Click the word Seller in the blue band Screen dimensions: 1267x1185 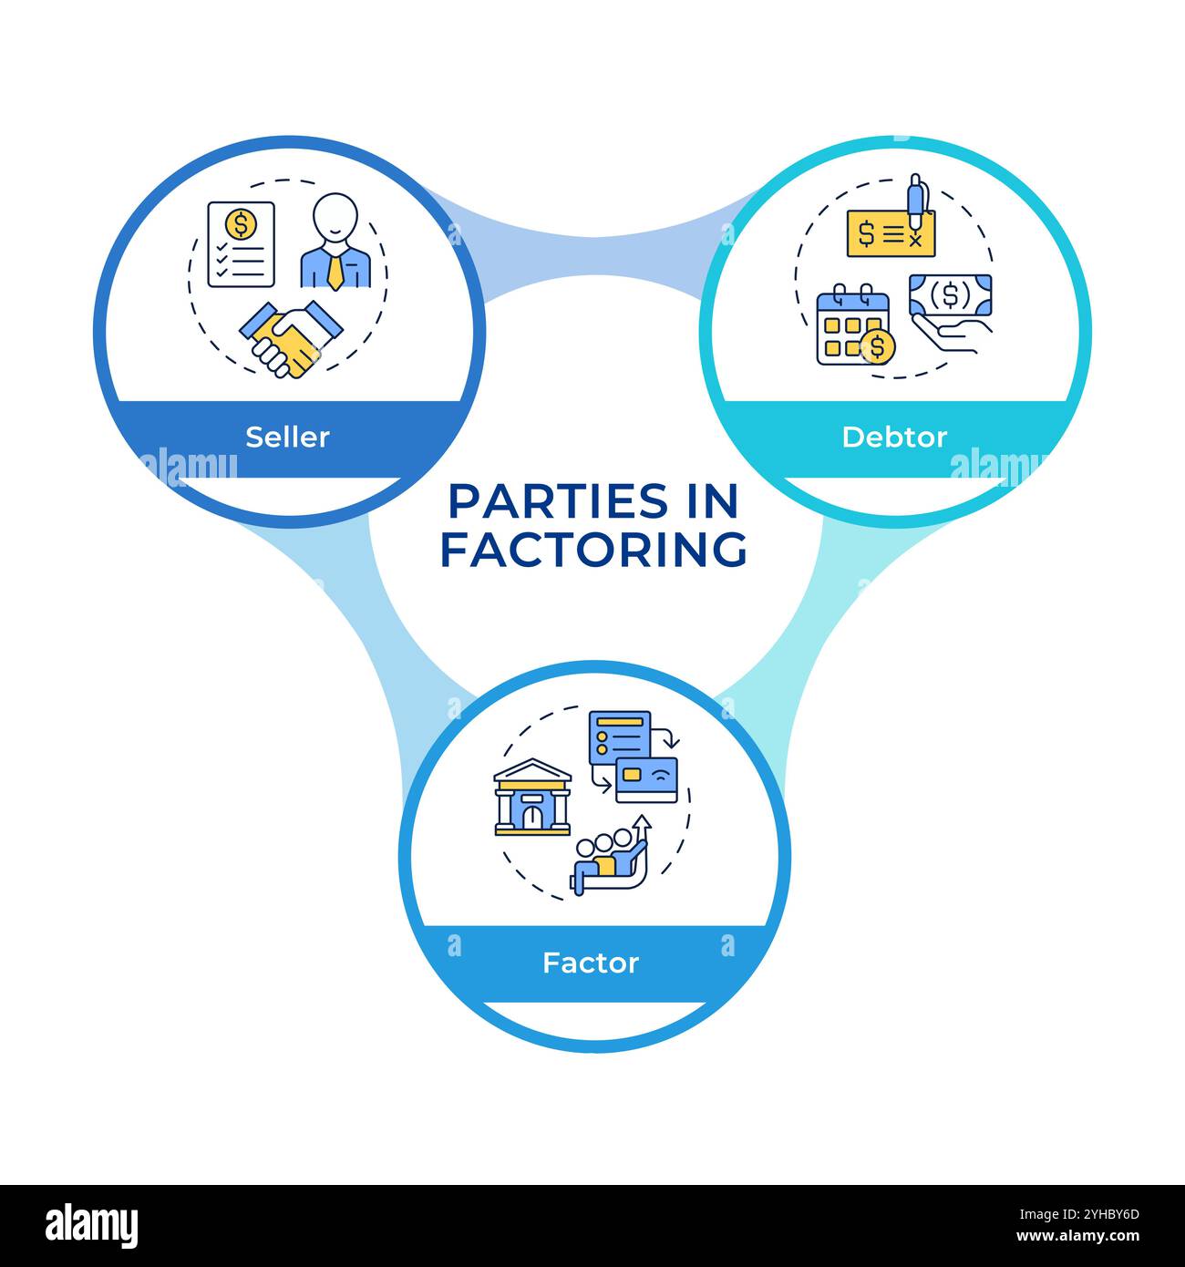[287, 437]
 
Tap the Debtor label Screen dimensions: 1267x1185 [894, 437]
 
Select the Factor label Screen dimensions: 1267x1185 [591, 963]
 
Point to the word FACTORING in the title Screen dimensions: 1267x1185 [593, 550]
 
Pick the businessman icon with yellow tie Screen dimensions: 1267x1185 [335, 242]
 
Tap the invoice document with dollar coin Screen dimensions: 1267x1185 [241, 243]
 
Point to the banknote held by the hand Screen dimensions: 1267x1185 [951, 296]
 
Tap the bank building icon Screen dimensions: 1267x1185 [532, 798]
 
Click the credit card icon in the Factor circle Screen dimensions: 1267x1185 [647, 779]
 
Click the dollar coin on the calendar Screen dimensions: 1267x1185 [877, 346]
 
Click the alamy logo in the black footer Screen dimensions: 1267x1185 [92, 1224]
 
